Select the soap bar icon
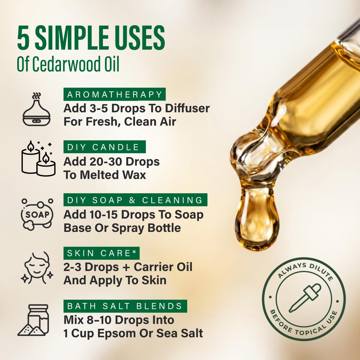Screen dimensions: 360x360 click(37, 214)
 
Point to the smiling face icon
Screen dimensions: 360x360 click(37, 268)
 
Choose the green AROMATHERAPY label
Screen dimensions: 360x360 click(115, 94)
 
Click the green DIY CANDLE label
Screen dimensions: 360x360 click(105, 147)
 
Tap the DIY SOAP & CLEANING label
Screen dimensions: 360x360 click(135, 200)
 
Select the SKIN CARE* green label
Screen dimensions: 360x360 click(101, 253)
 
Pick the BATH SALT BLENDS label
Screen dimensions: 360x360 click(125, 306)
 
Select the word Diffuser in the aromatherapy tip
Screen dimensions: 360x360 click(187, 109)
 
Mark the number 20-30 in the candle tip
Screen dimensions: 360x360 click(106, 162)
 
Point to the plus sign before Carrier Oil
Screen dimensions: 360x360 click(126, 267)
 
